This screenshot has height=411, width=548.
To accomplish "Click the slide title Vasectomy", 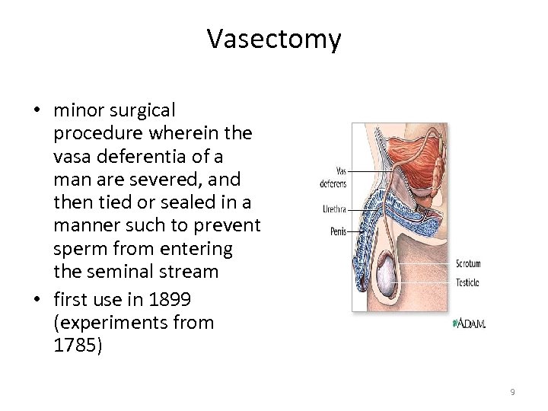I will click(274, 39).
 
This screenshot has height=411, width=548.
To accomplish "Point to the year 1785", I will click(76, 345).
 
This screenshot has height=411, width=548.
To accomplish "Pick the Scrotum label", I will click(468, 264).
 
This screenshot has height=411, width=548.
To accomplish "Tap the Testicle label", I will click(467, 283).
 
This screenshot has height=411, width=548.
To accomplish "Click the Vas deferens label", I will click(333, 177).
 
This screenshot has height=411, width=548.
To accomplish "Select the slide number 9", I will click(512, 392).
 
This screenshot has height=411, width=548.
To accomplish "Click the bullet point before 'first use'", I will click(37, 299).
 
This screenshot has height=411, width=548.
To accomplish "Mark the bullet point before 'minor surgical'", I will click(37, 110).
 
